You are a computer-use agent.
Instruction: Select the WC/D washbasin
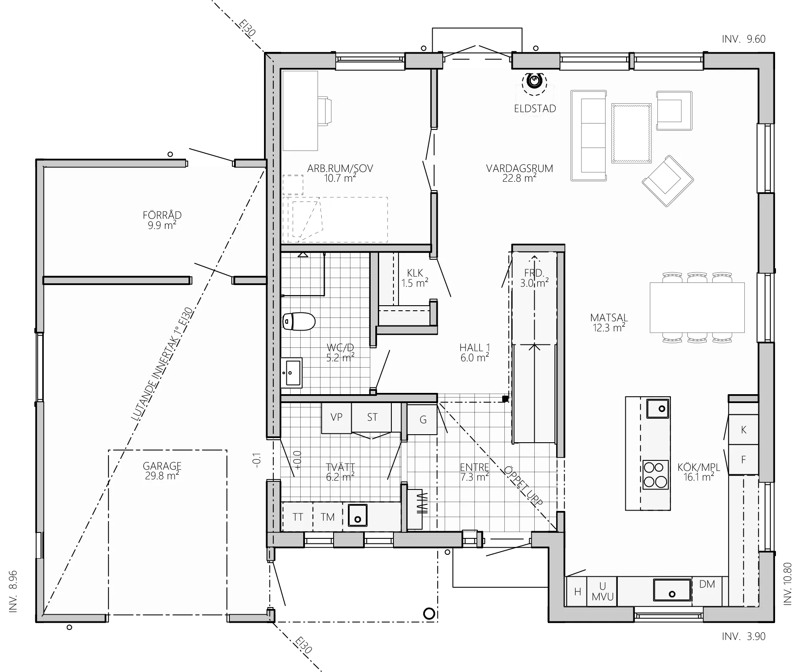291,372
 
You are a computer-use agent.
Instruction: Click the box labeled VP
336,418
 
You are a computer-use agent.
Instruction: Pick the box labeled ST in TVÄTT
372,417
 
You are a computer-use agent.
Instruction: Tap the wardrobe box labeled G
423,419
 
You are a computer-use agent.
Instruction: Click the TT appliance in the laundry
297,517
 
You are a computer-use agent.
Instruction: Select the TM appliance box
328,517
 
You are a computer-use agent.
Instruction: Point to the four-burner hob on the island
655,475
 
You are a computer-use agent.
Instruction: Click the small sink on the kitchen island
658,408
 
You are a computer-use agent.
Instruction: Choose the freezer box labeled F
743,460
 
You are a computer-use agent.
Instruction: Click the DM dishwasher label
707,584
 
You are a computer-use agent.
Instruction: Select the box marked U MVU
602,591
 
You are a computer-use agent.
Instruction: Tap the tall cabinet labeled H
577,591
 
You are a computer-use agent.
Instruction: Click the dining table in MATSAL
697,308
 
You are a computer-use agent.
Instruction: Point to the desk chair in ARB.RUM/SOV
325,111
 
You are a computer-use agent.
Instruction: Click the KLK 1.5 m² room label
415,278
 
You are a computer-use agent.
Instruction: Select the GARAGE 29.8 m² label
162,471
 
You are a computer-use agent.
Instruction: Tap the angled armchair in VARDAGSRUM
668,181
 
